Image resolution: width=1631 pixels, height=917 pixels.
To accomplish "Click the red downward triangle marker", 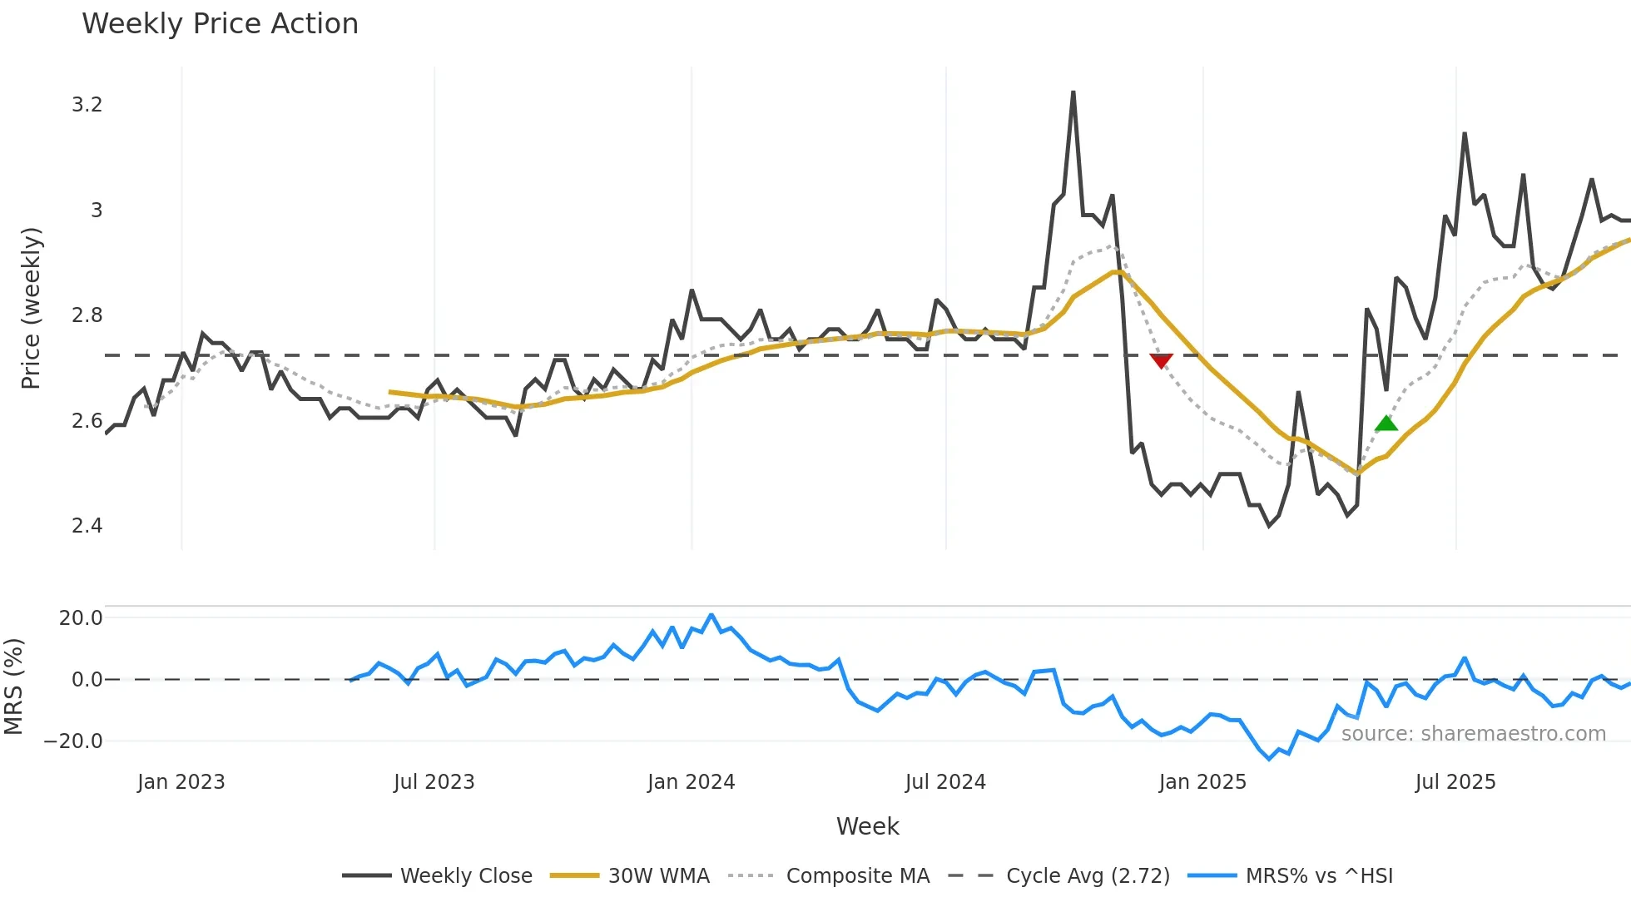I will tap(1161, 360).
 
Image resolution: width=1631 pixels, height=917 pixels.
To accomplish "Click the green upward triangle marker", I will tap(1386, 424).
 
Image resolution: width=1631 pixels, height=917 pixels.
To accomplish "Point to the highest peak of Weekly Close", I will tap(1073, 92).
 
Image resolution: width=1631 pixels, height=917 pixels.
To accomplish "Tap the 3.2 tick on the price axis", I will tap(87, 105).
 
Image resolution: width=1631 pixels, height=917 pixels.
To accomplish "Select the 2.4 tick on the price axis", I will tap(87, 526).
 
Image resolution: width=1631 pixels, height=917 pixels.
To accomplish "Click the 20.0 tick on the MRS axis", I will tap(81, 618).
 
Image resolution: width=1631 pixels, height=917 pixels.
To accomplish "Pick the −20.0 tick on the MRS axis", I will tap(73, 741).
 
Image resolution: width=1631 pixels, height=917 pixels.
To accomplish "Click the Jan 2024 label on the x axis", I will tap(691, 782).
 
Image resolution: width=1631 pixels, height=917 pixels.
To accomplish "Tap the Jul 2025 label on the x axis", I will tap(1455, 782).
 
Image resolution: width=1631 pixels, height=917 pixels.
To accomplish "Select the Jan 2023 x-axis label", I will tap(181, 782).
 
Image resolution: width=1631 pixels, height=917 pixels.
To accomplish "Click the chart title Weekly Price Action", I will tap(220, 24).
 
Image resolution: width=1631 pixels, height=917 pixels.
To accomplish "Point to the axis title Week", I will tap(867, 826).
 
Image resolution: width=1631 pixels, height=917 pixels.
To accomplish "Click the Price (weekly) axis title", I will tap(31, 308).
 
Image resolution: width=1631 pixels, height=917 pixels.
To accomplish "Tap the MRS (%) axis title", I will tap(13, 687).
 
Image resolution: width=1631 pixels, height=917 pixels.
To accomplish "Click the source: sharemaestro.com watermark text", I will tap(1473, 734).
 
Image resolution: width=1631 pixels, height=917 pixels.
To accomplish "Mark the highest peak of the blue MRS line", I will tap(711, 615).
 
